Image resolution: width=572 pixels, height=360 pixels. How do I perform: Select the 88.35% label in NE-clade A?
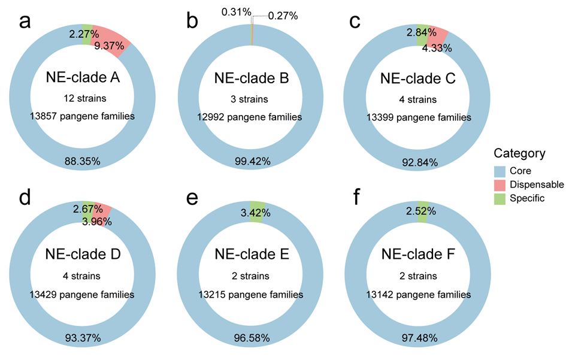coord(83,161)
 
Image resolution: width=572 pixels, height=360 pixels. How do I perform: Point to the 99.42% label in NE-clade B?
coord(252,161)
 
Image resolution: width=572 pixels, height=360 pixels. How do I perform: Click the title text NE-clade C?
coord(419,78)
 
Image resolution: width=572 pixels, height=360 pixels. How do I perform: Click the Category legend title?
coord(520,153)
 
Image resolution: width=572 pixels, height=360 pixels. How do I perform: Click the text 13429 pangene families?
coord(83,294)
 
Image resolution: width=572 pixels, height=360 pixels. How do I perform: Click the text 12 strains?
coord(83,97)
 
